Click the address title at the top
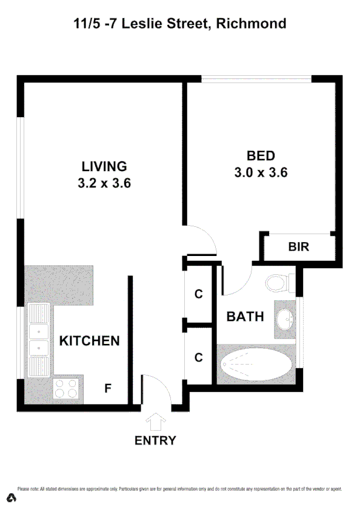point(179,24)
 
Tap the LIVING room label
point(105,166)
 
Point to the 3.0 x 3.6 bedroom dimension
point(260,172)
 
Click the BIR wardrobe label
point(299,247)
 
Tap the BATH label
point(245,316)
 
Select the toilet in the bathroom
point(279,283)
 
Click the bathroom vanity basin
point(285,318)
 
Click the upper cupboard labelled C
point(198,295)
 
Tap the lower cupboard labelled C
point(198,357)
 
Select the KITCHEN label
point(89,341)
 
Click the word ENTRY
point(155,440)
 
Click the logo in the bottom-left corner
point(10,498)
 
